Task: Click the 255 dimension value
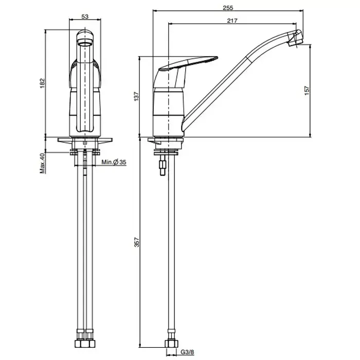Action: click(228, 8)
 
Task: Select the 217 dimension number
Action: click(232, 21)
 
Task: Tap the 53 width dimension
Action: click(85, 16)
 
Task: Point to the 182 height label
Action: click(42, 83)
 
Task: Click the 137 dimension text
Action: click(136, 97)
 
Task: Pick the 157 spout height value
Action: click(307, 91)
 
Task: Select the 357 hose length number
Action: click(137, 242)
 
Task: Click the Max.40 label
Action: click(42, 163)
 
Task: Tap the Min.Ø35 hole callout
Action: click(114, 162)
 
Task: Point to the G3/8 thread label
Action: click(187, 352)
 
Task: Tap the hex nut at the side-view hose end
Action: click(171, 344)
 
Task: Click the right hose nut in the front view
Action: click(90, 344)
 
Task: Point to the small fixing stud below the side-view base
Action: click(163, 165)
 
